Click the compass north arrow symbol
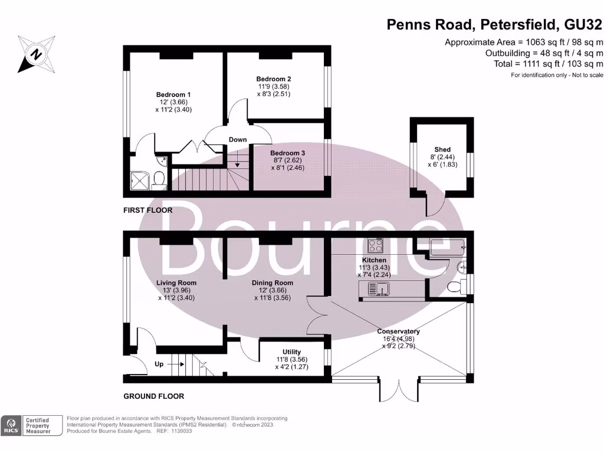pyautogui.click(x=36, y=54)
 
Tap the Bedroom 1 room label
pyautogui.click(x=173, y=95)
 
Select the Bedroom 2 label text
pyautogui.click(x=274, y=79)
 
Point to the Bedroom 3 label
pyautogui.click(x=287, y=153)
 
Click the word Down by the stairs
pyautogui.click(x=238, y=139)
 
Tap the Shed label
pyautogui.click(x=442, y=149)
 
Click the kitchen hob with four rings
pyautogui.click(x=375, y=245)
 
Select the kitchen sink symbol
pyautogui.click(x=378, y=289)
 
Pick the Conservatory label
pyautogui.click(x=398, y=331)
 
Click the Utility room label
pyautogui.click(x=291, y=352)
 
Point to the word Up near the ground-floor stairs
pyautogui.click(x=159, y=364)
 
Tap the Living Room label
pyautogui.click(x=176, y=283)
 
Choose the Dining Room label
pyautogui.click(x=273, y=283)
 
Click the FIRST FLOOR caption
pyautogui.click(x=148, y=211)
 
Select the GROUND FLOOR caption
pyautogui.click(x=154, y=396)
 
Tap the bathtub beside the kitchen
pyautogui.click(x=448, y=247)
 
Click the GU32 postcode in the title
pyautogui.click(x=583, y=25)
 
